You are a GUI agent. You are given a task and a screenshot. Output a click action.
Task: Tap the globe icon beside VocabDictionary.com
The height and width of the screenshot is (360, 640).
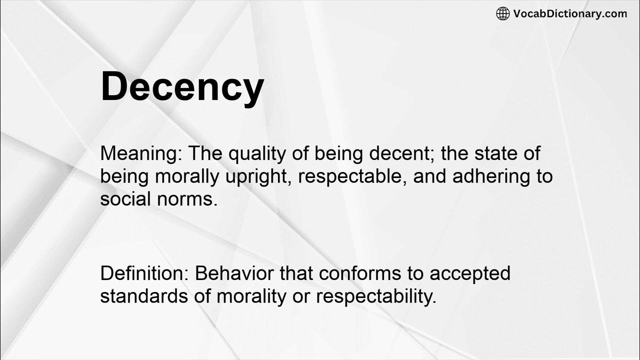[x=502, y=13]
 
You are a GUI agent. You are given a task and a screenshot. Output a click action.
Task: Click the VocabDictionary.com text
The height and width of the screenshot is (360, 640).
[x=570, y=13]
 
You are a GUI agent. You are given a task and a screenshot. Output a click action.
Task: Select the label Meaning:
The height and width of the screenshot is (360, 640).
[x=141, y=153]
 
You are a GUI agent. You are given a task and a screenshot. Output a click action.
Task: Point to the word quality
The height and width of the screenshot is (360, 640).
[x=258, y=153]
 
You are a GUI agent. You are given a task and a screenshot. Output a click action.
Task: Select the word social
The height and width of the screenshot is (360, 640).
[x=126, y=199]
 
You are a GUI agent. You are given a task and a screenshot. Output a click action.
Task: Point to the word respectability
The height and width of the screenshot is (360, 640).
[x=376, y=296]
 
